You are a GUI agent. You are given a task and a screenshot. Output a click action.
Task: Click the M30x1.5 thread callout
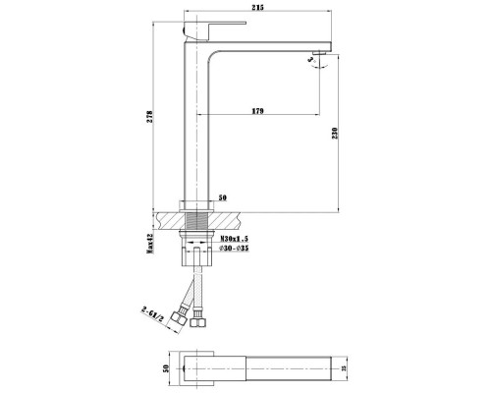234,238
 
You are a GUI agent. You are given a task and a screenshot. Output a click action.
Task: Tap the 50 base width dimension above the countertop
223,197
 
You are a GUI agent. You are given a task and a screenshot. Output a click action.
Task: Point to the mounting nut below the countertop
198,239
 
